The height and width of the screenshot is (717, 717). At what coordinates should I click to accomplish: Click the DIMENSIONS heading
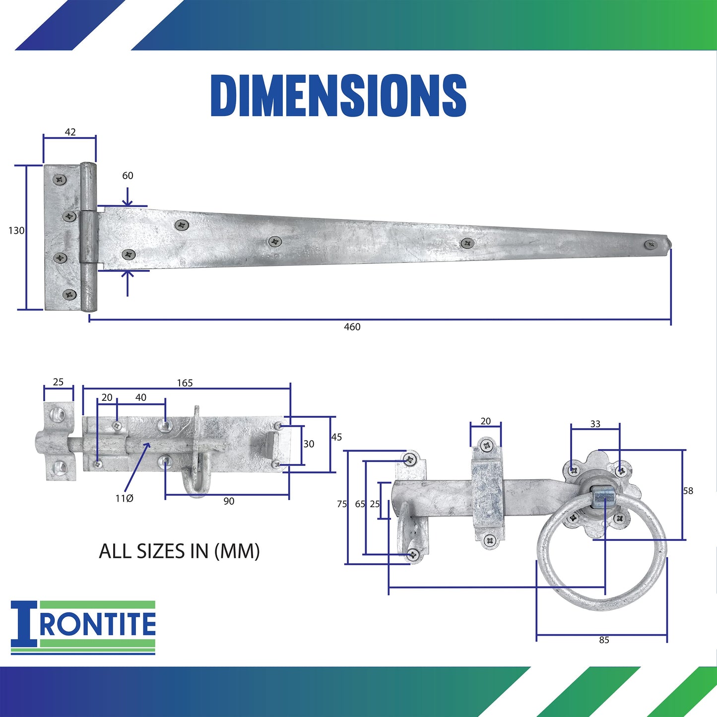(338, 95)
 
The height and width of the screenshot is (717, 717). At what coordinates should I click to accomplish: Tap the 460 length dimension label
(352, 326)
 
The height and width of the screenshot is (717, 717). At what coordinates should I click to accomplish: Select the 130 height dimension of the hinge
(16, 230)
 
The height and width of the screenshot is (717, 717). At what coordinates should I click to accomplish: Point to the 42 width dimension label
(70, 132)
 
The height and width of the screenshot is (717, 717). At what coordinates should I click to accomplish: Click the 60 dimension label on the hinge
(128, 176)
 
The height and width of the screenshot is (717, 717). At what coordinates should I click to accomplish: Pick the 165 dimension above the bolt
(185, 383)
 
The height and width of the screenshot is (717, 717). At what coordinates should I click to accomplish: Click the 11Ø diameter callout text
(124, 498)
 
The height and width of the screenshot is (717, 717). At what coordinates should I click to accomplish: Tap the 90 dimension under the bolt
(229, 501)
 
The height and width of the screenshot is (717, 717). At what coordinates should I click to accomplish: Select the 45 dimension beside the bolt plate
(336, 437)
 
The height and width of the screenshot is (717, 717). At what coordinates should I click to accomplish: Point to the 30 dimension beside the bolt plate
(309, 444)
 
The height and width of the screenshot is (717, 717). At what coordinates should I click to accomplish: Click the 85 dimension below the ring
(604, 640)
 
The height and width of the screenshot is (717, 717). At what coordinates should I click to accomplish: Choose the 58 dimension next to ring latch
(688, 491)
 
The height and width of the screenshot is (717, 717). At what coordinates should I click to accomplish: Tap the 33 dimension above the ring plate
(595, 424)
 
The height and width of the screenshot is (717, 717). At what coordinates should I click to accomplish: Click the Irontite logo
(83, 627)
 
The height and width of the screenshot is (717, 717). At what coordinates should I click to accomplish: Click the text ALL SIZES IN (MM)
(179, 551)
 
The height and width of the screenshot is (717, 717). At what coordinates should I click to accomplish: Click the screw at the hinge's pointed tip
(650, 244)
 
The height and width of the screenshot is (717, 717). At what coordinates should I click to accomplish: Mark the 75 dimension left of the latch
(342, 504)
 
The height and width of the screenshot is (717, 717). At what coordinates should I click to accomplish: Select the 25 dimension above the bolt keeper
(58, 382)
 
